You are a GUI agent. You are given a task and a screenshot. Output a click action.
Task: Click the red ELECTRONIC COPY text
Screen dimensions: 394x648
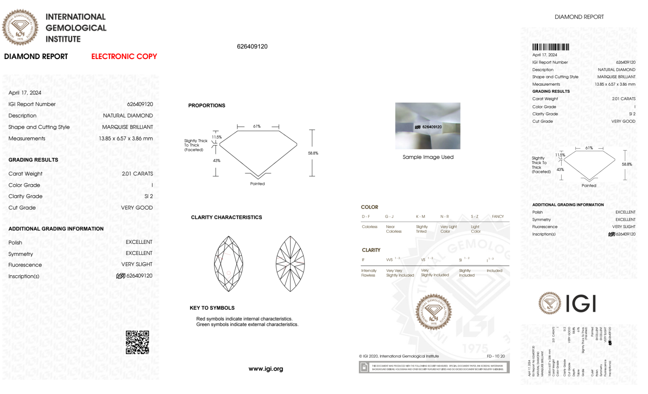point(124,56)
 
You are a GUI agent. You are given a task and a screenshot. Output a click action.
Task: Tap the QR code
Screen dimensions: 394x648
point(137,342)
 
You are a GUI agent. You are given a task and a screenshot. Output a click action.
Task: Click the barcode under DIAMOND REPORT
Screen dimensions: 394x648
point(551,47)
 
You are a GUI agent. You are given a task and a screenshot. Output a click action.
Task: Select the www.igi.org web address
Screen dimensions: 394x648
point(266,369)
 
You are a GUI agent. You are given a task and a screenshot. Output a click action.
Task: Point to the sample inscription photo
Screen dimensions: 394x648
point(427,126)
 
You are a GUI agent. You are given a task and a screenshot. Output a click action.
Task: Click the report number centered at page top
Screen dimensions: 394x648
point(252,46)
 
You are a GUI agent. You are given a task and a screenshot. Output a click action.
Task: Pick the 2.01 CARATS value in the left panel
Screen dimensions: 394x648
point(137,174)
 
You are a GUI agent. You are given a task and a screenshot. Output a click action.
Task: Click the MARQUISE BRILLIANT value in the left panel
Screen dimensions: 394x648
point(128,127)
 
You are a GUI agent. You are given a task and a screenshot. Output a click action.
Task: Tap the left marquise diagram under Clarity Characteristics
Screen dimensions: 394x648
point(229,264)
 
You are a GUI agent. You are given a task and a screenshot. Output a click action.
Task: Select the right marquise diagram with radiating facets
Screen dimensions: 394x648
point(290,264)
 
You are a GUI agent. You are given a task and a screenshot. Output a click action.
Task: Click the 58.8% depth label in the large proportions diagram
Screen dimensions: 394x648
point(313,153)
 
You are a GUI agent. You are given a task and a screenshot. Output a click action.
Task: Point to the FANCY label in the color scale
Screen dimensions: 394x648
point(498,217)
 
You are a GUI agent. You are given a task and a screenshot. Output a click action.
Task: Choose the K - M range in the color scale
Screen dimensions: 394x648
point(420,217)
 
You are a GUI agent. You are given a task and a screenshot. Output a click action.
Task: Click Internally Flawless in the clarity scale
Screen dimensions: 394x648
point(369,273)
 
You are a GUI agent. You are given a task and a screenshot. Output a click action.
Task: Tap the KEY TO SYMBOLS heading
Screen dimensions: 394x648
point(212,308)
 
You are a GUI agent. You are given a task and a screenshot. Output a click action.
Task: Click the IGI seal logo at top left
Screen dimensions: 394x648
point(20,27)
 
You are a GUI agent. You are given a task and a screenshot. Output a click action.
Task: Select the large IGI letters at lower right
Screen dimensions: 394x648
point(581,304)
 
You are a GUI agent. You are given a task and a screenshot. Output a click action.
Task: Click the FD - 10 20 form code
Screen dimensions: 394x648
point(495,356)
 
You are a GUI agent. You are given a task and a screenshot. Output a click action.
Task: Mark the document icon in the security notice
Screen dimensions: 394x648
point(364,367)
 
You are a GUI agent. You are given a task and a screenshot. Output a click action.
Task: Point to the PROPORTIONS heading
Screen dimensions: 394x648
point(207,105)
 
